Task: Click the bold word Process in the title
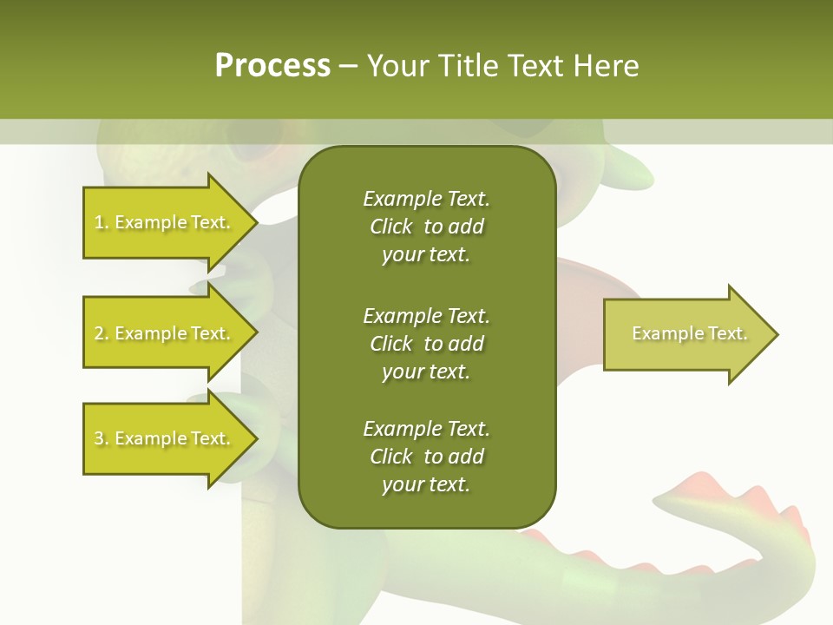pos(272,66)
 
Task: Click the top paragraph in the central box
pos(426,227)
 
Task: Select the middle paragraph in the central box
pos(426,344)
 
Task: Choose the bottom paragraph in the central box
pos(426,457)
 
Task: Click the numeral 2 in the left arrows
pos(99,333)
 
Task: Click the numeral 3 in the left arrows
pos(99,438)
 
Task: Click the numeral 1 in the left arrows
pos(99,222)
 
